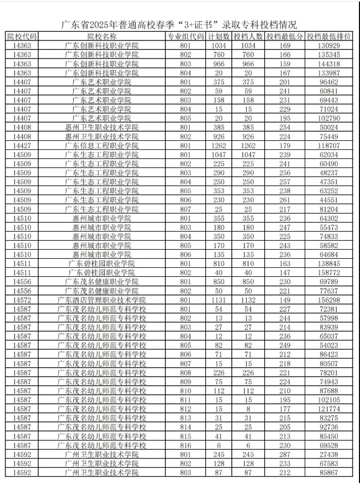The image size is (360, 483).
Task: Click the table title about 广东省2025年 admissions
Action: tap(179, 25)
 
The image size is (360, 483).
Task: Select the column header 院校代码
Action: tap(22, 36)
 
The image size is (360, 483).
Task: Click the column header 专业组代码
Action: tap(186, 36)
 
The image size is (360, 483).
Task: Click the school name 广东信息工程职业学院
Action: tap(102, 145)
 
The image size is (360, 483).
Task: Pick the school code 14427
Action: tap(22, 145)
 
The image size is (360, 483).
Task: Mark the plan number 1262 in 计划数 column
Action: tap(219, 145)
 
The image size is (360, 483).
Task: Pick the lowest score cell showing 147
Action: tap(284, 272)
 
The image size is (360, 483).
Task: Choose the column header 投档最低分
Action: tap(284, 36)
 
